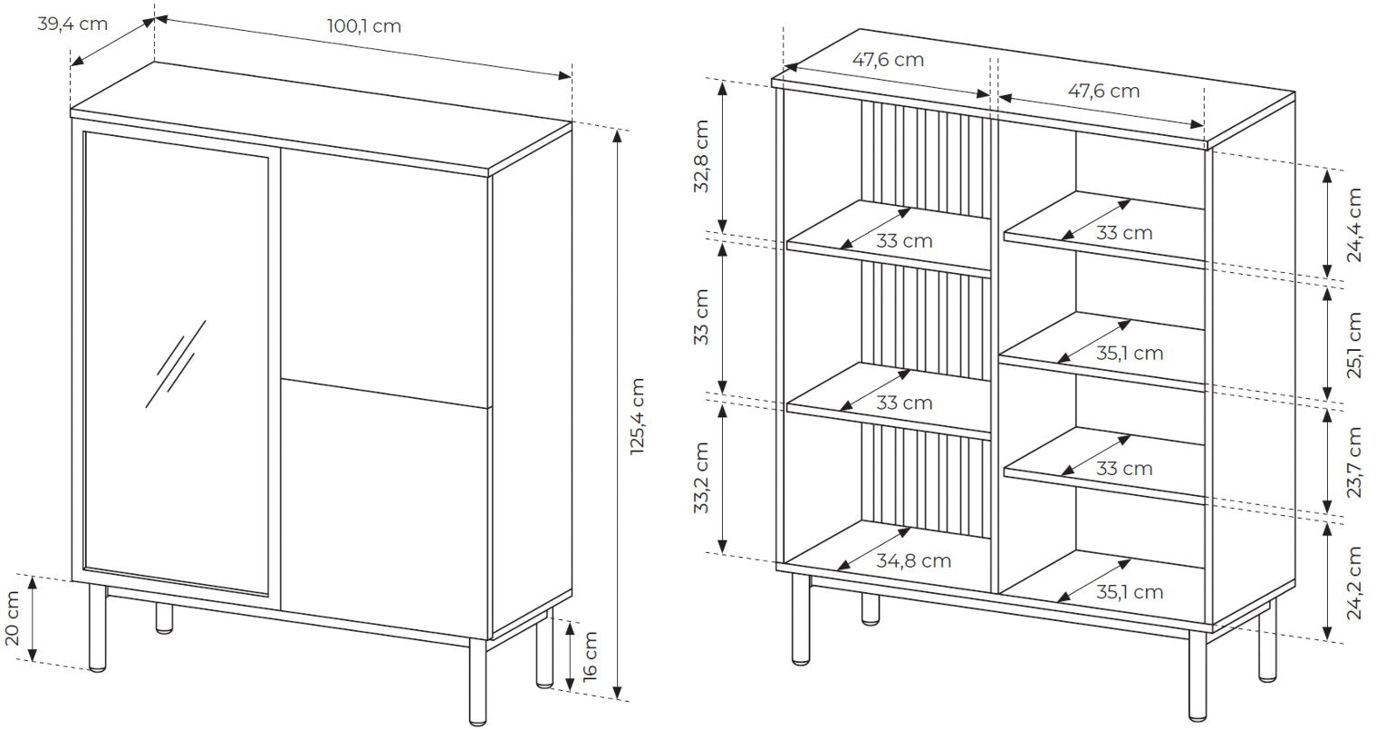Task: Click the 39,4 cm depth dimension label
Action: point(72,24)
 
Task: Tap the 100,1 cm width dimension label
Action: point(363,25)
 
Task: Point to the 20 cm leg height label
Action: point(13,617)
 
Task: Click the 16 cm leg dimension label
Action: point(589,656)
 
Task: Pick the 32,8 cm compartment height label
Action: point(701,156)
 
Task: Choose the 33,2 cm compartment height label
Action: point(701,478)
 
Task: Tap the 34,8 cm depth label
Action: point(913,560)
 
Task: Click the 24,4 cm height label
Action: point(1353,225)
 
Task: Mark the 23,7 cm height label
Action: point(1353,462)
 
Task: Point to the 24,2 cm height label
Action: point(1353,582)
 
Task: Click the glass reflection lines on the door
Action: point(176,364)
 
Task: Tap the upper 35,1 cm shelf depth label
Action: point(1130,353)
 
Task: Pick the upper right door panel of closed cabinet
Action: point(385,277)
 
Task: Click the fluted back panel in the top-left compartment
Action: point(926,161)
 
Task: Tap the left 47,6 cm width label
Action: point(888,60)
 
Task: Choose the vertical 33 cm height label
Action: point(701,316)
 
